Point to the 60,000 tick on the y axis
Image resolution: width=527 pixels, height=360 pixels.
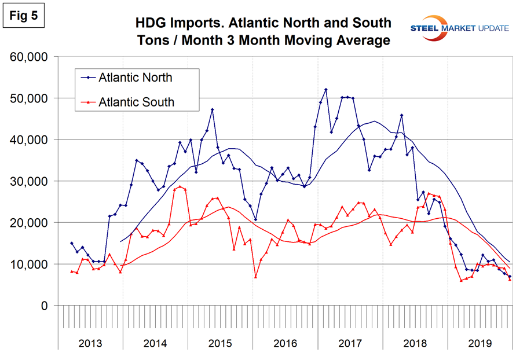[x=30, y=57]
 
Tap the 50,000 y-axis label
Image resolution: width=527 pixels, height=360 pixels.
[x=30, y=98]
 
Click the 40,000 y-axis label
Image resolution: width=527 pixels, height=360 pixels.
[x=30, y=140]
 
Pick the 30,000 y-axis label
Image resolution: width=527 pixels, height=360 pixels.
[x=30, y=181]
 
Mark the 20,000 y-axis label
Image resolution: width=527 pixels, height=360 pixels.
[x=30, y=223]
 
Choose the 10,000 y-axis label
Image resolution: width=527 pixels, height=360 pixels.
[x=30, y=265]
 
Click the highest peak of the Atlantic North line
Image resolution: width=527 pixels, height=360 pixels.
[x=326, y=90]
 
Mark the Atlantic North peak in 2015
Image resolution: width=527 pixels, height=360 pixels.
[x=213, y=109]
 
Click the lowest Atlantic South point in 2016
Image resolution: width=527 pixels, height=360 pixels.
[x=255, y=277]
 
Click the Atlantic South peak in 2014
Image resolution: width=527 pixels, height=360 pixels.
[x=180, y=186]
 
